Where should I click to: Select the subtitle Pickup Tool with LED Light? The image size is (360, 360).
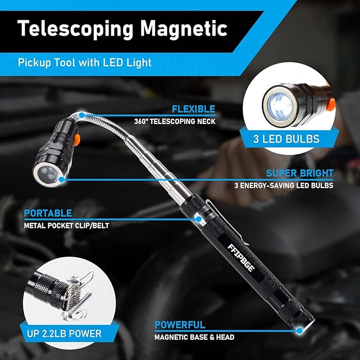pos(85,62)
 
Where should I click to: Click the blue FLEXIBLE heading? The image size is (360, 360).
pos(193,109)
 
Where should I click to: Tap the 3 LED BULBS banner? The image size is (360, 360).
pos(286,139)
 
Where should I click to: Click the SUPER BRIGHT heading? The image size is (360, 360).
pos(299,173)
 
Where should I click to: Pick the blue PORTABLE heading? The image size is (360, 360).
pos(48,213)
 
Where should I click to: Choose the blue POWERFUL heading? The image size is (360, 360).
pos(180,325)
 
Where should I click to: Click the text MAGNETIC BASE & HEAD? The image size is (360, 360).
pos(194,337)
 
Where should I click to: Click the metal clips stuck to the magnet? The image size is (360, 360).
pos(77,303)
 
